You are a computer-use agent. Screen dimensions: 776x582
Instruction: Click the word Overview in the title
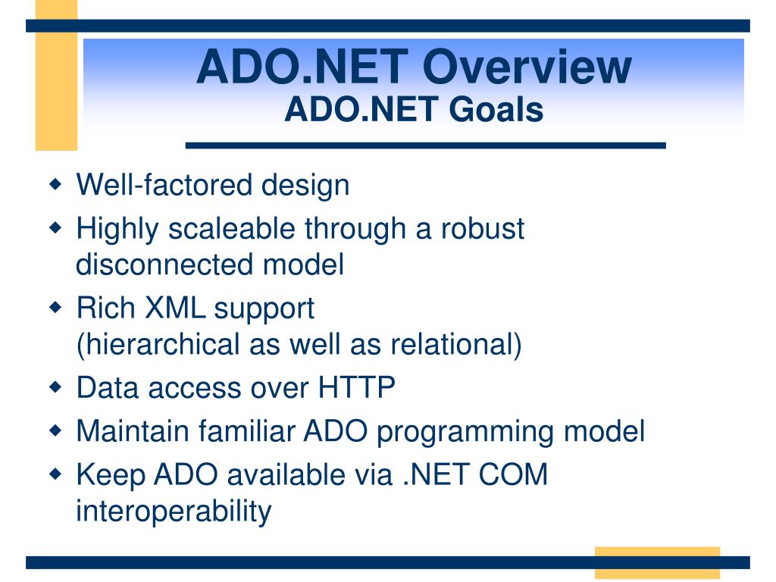point(527,67)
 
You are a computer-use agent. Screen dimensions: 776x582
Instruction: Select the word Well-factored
point(164,185)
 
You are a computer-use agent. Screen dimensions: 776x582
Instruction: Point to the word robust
point(483,229)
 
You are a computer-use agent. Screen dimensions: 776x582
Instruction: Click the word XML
point(175,308)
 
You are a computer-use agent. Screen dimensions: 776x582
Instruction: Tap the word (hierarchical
point(158,344)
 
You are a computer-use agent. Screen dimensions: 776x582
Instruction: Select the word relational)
point(455,344)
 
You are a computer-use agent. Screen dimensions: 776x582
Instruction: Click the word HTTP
point(356,387)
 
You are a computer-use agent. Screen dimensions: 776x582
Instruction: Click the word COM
point(513,474)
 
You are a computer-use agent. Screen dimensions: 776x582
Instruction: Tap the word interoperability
point(174,511)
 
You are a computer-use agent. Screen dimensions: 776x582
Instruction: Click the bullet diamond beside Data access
point(56,386)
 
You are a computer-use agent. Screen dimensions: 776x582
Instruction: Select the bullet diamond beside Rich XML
point(56,308)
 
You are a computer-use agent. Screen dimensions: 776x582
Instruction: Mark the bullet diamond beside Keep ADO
point(56,474)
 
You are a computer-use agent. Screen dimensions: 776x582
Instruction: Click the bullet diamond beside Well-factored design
point(56,185)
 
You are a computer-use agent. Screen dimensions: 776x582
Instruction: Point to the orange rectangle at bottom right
point(657,563)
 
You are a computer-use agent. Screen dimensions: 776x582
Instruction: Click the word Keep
point(111,475)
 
